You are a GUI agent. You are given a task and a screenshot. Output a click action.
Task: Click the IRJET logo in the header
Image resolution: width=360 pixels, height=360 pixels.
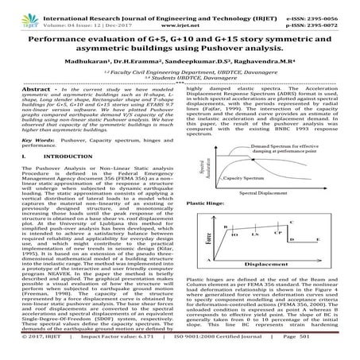pos(14,12)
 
